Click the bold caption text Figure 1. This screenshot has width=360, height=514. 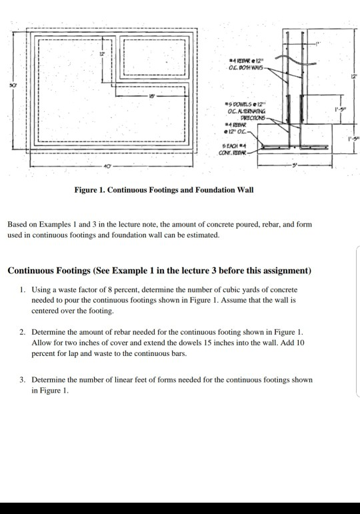91,190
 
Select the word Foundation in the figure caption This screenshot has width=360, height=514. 215,190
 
